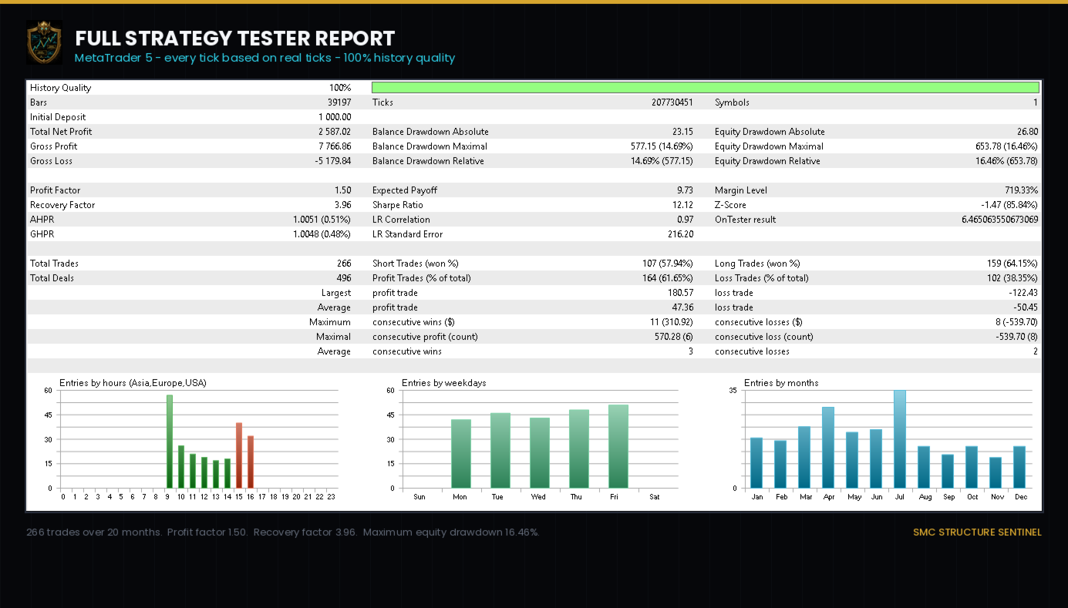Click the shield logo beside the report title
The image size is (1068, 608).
[44, 42]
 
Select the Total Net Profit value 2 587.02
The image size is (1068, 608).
[335, 132]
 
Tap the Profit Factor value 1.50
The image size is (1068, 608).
[343, 190]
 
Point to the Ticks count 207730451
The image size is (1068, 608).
[672, 102]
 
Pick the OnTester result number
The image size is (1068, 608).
[1000, 220]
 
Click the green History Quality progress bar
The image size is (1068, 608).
[705, 87]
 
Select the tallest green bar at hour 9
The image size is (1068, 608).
[169, 442]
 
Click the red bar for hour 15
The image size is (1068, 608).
[239, 455]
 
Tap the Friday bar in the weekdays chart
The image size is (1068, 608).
[618, 446]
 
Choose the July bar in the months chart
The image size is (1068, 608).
[900, 439]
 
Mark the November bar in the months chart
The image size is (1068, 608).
[996, 472]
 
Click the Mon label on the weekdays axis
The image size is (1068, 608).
[460, 497]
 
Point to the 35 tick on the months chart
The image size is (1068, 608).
[733, 391]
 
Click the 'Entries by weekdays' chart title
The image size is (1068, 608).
[444, 383]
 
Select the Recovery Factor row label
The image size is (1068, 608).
[62, 205]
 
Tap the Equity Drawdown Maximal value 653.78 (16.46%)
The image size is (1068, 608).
[1006, 146]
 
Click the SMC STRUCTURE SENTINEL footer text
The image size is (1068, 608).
[978, 532]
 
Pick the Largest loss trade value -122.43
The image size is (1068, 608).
[1023, 293]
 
